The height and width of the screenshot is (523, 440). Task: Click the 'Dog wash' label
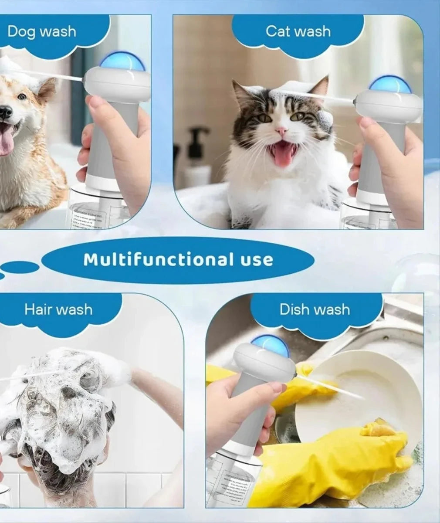point(42,31)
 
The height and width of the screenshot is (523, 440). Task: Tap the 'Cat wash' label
point(298,31)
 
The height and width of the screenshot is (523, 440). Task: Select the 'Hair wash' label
point(58,309)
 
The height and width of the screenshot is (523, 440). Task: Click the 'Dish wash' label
point(315,309)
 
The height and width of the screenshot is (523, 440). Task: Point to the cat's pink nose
point(281,130)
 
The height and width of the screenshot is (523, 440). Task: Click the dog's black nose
point(5,112)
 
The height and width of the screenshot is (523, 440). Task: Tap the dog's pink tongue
point(6,142)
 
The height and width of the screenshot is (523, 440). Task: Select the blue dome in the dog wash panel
point(122,62)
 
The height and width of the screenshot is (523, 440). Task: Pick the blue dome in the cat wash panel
point(390,85)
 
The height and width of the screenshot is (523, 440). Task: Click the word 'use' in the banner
point(257,260)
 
